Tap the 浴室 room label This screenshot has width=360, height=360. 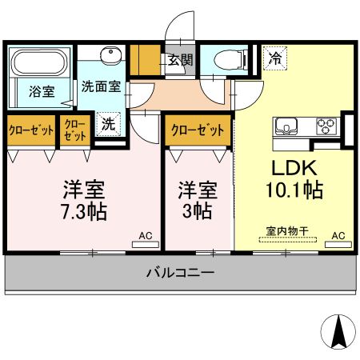coord(42,90)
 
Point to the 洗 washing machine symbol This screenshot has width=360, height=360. coord(107,124)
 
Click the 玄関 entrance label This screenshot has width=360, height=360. coord(180,58)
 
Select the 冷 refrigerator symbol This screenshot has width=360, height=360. coord(274,58)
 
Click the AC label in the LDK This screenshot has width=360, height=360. coord(338,235)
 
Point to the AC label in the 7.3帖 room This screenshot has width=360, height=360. coord(145,235)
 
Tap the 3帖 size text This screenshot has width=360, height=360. coord(198,212)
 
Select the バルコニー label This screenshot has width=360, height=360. coord(179,273)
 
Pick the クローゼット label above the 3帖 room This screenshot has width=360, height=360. coord(197,128)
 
